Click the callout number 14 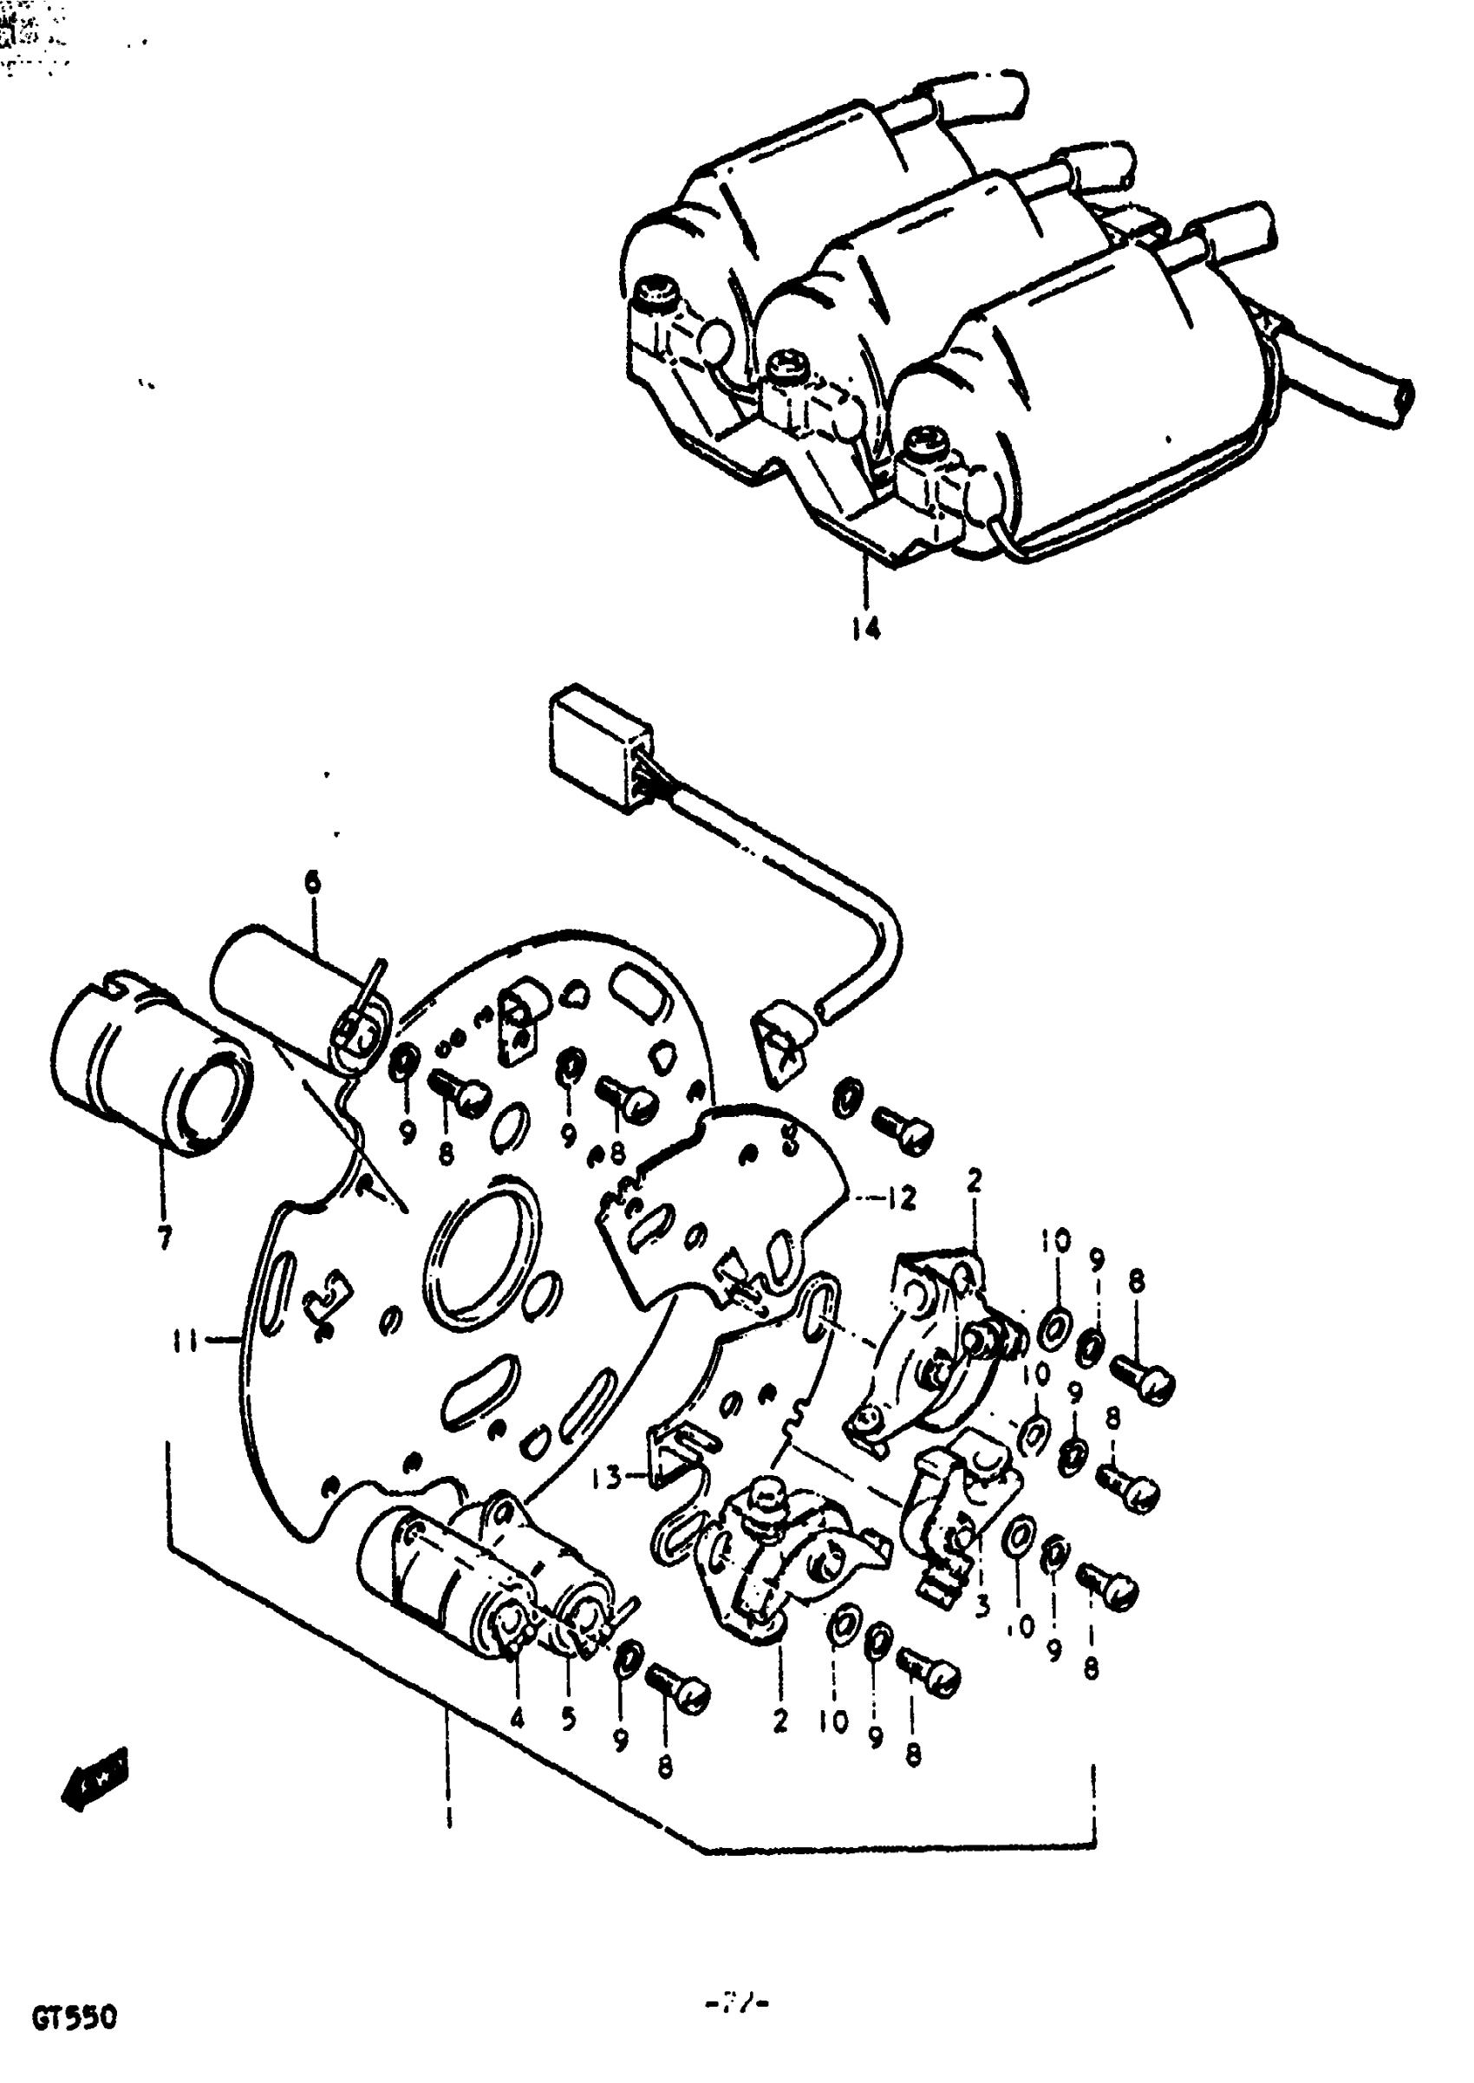pyautogui.click(x=866, y=628)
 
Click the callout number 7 pyautogui.click(x=164, y=1238)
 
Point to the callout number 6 pyautogui.click(x=312, y=881)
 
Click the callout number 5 pyautogui.click(x=568, y=1718)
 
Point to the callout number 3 pyautogui.click(x=982, y=1607)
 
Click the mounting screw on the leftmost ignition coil pyautogui.click(x=657, y=292)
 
